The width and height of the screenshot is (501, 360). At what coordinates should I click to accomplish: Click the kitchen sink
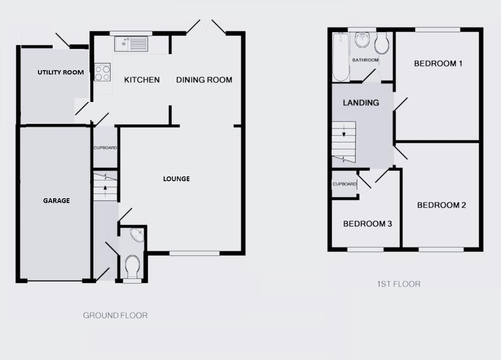pyautogui.click(x=131, y=44)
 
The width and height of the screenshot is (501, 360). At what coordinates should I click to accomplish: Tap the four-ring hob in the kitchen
pyautogui.click(x=102, y=72)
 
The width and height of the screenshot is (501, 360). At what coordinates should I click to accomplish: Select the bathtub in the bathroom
pyautogui.click(x=340, y=57)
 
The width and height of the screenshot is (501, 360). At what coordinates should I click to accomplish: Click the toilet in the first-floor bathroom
pyautogui.click(x=382, y=44)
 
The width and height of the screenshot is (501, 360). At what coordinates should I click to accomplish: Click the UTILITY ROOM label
pyautogui.click(x=61, y=73)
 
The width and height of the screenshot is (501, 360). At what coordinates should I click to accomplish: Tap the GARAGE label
pyautogui.click(x=56, y=201)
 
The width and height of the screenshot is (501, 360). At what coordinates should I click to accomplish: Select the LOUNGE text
pyautogui.click(x=176, y=179)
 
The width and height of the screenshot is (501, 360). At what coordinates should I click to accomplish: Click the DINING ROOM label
pyautogui.click(x=204, y=80)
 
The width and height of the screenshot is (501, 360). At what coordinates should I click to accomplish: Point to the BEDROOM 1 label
pyautogui.click(x=438, y=64)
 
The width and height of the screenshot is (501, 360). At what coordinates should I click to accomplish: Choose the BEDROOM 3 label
pyautogui.click(x=368, y=223)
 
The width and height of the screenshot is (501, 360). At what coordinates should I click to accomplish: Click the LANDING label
pyautogui.click(x=361, y=102)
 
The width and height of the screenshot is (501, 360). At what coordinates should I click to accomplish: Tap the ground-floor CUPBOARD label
pyautogui.click(x=105, y=148)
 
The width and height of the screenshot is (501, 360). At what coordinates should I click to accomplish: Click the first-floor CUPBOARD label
pyautogui.click(x=344, y=184)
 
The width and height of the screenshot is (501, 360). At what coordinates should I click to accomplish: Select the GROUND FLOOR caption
pyautogui.click(x=115, y=315)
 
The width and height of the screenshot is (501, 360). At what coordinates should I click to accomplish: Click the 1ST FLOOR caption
pyautogui.click(x=399, y=284)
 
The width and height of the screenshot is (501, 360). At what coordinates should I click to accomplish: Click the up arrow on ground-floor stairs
pyautogui.click(x=104, y=187)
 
